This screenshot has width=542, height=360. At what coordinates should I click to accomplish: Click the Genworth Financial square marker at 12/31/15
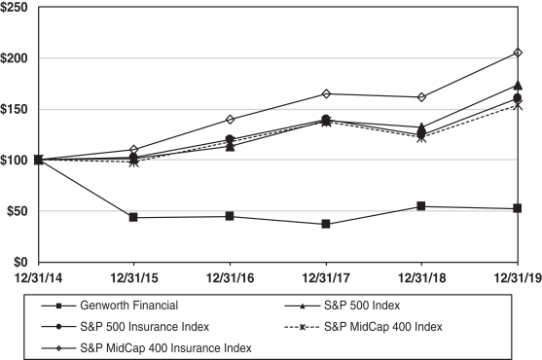coord(133,217)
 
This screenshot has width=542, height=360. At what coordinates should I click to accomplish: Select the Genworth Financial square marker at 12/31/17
coord(326,224)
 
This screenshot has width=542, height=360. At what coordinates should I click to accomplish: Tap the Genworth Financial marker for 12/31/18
coord(421,206)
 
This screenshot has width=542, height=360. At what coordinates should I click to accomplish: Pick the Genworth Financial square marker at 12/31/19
coord(517,208)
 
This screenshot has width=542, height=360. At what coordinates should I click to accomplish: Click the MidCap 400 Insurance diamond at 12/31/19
coord(518,53)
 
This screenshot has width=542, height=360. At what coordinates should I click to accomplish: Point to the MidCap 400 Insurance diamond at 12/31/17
coord(326,93)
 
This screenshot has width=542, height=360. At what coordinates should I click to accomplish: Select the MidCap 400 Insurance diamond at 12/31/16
coord(231,120)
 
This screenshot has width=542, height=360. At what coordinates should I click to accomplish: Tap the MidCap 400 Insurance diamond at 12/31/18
coord(421,97)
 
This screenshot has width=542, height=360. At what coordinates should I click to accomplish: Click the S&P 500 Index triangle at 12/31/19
coord(518,85)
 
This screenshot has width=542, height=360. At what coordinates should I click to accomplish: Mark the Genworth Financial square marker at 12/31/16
coord(230,216)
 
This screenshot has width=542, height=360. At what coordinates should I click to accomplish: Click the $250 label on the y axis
coord(14,7)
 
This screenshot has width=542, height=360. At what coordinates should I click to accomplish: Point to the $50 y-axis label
coord(18,211)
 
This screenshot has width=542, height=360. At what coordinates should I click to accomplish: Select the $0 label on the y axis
coord(20,263)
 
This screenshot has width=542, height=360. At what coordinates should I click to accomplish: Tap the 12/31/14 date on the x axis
coord(38,277)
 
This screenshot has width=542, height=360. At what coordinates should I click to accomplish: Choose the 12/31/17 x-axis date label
coord(326,277)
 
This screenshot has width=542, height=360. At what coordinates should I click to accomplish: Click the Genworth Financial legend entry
coord(129,306)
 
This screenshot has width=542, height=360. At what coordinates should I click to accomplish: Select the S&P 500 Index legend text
coord(362,306)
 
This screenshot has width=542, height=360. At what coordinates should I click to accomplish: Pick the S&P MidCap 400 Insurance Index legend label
coord(166,347)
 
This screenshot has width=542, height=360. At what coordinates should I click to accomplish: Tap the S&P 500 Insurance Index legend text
coord(144,327)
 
